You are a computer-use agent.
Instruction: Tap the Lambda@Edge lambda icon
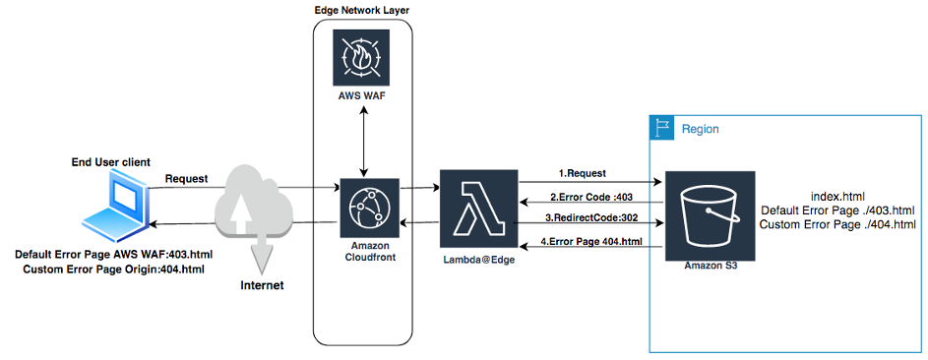pos(479,212)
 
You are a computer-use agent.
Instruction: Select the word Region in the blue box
pos(700,129)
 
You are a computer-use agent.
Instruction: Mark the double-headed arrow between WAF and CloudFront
pos(365,141)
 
